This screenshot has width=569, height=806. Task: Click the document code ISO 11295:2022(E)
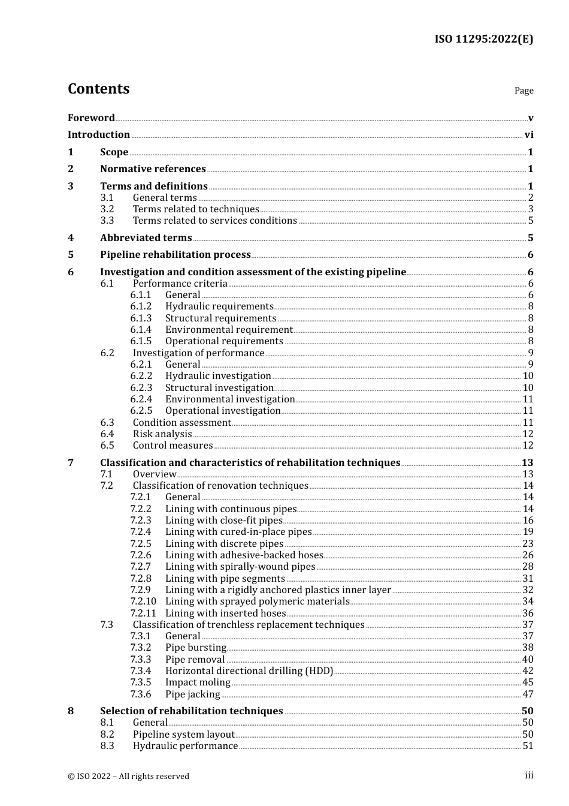pyautogui.click(x=483, y=39)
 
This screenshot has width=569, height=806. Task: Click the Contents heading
pyautogui.click(x=98, y=89)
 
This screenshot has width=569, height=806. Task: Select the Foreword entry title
pyautogui.click(x=91, y=118)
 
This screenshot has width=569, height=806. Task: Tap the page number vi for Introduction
pyautogui.click(x=529, y=135)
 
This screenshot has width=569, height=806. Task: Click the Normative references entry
pyautogui.click(x=153, y=169)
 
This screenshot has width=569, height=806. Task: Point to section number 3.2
pyautogui.click(x=107, y=209)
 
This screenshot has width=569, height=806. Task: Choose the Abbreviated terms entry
pyautogui.click(x=146, y=238)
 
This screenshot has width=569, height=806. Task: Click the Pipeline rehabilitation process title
pyautogui.click(x=175, y=255)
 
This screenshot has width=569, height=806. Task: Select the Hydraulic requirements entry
pyautogui.click(x=219, y=306)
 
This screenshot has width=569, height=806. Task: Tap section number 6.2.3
pyautogui.click(x=141, y=388)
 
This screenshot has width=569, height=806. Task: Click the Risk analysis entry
pyautogui.click(x=162, y=434)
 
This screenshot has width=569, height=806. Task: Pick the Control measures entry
pyautogui.click(x=172, y=446)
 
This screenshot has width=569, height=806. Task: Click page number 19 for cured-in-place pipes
pyautogui.click(x=528, y=532)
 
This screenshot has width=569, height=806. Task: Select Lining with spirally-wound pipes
pyautogui.click(x=240, y=567)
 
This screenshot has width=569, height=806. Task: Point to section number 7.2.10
pyautogui.click(x=143, y=602)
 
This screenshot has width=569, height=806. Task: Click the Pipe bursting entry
pyautogui.click(x=196, y=648)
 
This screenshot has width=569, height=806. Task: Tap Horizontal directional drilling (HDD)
pyautogui.click(x=249, y=671)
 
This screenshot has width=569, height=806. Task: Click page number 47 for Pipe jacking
pyautogui.click(x=528, y=694)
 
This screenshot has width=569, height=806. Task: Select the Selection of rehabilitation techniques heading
pyautogui.click(x=191, y=711)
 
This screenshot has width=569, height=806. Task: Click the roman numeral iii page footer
pyautogui.click(x=529, y=775)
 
